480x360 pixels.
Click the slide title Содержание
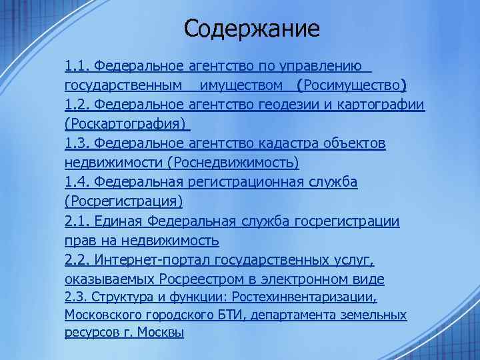click(252, 29)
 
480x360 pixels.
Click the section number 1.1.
click(77, 67)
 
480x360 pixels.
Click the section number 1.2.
click(77, 105)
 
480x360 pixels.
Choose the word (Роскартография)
click(126, 124)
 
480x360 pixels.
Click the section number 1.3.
click(77, 143)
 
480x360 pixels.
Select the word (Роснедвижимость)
click(233, 163)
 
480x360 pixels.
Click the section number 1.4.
click(77, 182)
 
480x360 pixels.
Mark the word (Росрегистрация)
click(123, 201)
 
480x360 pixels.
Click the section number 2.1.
click(77, 221)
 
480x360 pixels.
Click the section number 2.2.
click(77, 259)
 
